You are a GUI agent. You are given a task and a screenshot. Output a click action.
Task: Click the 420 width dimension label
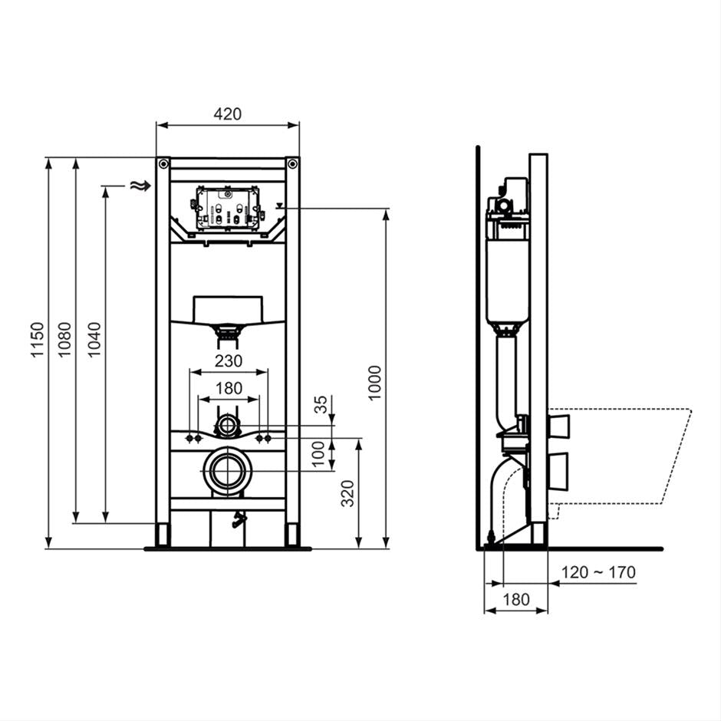tap(227, 114)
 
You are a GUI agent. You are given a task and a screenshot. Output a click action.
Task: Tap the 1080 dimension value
tap(65, 338)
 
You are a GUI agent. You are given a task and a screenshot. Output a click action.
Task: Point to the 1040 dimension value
tap(94, 338)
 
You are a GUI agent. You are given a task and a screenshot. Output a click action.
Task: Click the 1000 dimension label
tap(375, 381)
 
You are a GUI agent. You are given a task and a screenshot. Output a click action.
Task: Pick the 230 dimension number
tap(228, 360)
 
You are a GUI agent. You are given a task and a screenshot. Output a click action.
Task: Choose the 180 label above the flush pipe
tap(228, 388)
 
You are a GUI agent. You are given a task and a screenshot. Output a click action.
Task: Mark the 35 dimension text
tap(322, 404)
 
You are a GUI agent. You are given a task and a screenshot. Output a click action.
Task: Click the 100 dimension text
tap(322, 453)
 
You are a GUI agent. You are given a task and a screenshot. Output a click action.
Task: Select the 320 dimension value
tap(347, 493)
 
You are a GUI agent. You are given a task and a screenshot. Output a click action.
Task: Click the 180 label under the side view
tap(515, 600)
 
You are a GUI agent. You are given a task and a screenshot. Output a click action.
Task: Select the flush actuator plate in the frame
tap(226, 208)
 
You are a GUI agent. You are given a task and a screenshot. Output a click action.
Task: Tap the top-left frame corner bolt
tap(163, 163)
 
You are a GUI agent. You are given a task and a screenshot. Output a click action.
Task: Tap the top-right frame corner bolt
tap(291, 163)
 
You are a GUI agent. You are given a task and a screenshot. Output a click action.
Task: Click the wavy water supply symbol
tap(138, 186)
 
